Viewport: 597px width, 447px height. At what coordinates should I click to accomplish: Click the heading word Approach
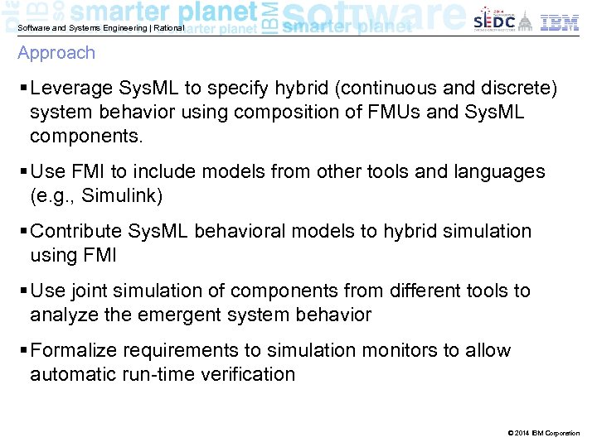tap(56, 53)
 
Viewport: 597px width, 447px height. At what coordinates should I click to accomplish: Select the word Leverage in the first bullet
tap(67, 89)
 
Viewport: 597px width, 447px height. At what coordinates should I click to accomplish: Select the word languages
tap(501, 172)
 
